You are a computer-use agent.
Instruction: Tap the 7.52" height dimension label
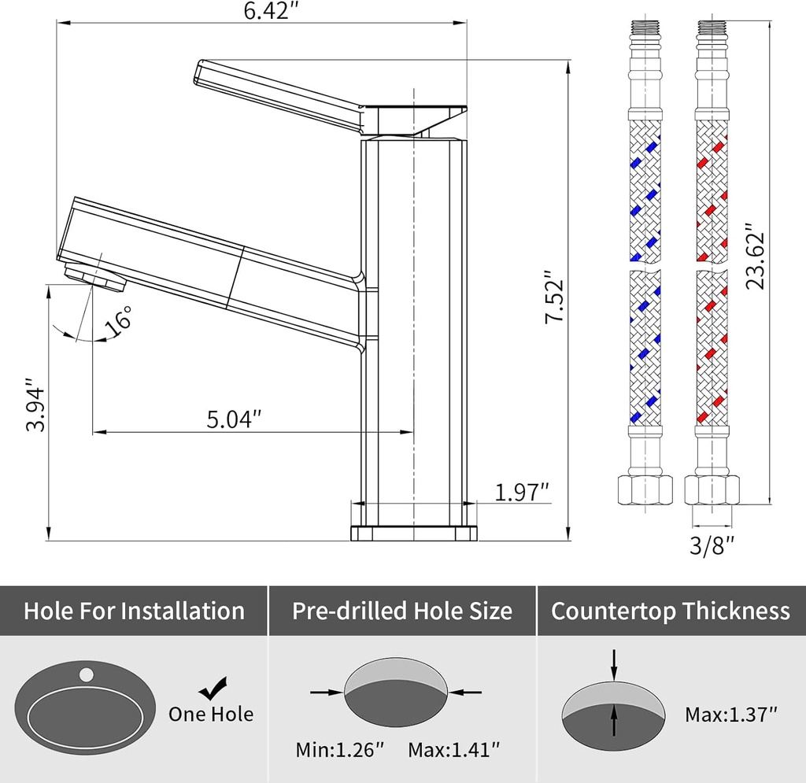click(x=556, y=299)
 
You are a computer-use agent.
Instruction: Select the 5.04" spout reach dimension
click(x=234, y=419)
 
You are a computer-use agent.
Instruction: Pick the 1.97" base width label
click(x=521, y=493)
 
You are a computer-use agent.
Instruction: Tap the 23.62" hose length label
click(x=756, y=260)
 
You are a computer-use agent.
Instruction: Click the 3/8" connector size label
click(x=712, y=544)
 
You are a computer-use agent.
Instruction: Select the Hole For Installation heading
click(x=134, y=611)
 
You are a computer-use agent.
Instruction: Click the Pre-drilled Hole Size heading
click(x=402, y=611)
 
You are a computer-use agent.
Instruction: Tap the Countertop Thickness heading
click(x=671, y=611)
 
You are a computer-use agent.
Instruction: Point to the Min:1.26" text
click(x=340, y=749)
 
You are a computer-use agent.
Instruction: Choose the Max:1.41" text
click(x=453, y=749)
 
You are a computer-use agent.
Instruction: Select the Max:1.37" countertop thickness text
click(x=731, y=715)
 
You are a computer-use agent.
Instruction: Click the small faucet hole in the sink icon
click(x=86, y=674)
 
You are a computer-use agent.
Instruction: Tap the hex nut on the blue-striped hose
click(x=644, y=490)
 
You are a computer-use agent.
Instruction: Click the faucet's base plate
click(x=413, y=533)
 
